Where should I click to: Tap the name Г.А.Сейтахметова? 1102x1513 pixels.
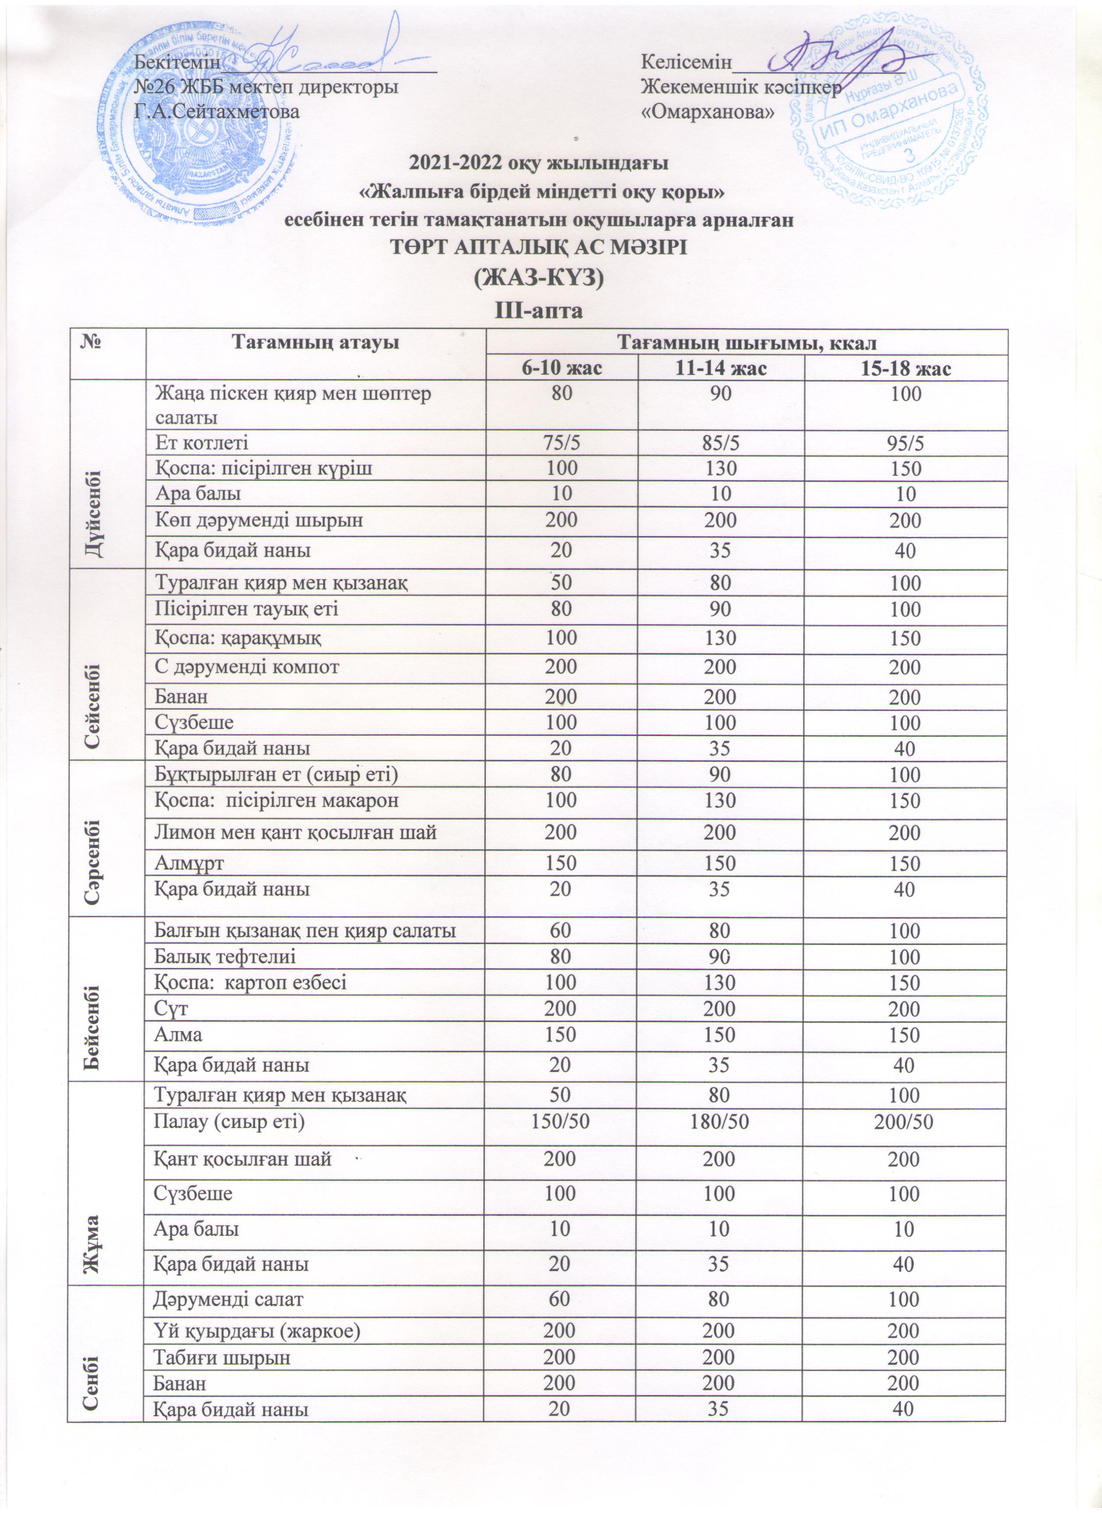click(217, 111)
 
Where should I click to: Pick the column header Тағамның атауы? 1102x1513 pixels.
click(315, 343)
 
